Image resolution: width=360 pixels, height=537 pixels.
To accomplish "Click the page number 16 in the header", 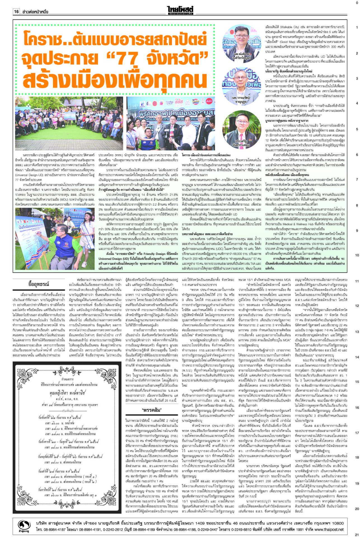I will pyautogui.click(x=16, y=11).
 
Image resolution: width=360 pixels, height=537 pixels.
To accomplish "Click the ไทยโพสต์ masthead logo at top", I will pyautogui.click(x=181, y=10).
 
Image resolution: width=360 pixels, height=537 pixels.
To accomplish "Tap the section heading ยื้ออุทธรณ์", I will pyautogui.click(x=39, y=284).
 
